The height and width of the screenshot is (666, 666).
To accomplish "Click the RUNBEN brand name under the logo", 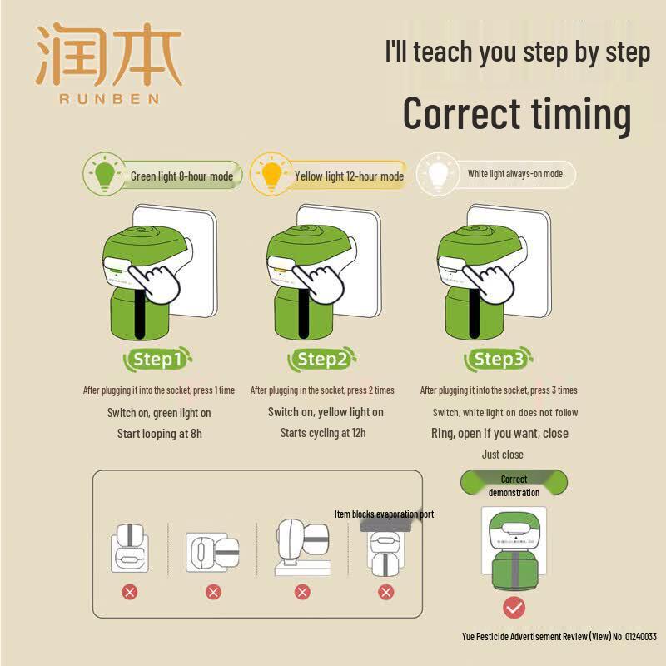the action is click(109, 99).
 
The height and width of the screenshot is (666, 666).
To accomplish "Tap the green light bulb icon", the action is click(105, 174).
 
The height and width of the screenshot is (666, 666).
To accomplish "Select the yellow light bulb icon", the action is click(272, 174).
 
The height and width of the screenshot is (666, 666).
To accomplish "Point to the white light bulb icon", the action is click(438, 174).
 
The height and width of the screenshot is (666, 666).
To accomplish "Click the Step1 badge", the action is click(157, 360).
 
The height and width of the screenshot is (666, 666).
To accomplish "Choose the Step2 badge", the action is click(321, 360).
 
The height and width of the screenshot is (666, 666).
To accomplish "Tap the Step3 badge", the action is click(498, 360).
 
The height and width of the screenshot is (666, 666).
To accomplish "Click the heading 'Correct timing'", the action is click(517, 113).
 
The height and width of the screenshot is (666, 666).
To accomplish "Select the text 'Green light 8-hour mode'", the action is click(181, 176).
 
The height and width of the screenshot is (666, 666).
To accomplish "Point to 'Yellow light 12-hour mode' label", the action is click(349, 176).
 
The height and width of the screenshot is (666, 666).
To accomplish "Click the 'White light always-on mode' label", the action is click(515, 174).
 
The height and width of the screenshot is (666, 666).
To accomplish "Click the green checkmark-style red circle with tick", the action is click(514, 608).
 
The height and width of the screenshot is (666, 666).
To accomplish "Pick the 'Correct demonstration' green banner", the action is click(514, 483).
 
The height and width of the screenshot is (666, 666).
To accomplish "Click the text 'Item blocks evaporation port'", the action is click(384, 514).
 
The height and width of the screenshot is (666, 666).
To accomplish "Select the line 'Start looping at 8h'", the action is click(160, 434).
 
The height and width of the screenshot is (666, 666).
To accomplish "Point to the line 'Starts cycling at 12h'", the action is click(323, 433).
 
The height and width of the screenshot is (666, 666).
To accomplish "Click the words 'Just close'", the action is click(503, 455).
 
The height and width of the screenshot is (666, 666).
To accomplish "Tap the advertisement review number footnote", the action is click(559, 636).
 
